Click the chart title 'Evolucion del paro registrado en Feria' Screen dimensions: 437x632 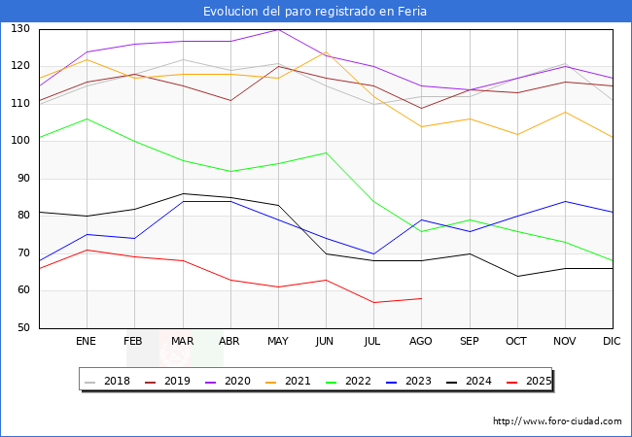pos(315,12)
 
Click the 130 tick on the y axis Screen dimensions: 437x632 pos(19,29)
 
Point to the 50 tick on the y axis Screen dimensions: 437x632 pos(22,328)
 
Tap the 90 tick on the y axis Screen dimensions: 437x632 pos(22,179)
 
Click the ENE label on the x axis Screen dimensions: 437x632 pos(87,342)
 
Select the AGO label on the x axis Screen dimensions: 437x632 pos(421,342)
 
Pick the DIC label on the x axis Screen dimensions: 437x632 pos(612,342)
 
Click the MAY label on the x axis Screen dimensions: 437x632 pos(278,342)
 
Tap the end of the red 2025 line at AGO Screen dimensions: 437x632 pos(421,298)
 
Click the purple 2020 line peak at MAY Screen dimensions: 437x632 pos(278,29)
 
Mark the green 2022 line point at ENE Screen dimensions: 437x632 pos(87,118)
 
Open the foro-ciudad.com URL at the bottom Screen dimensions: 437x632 pos(557,421)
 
